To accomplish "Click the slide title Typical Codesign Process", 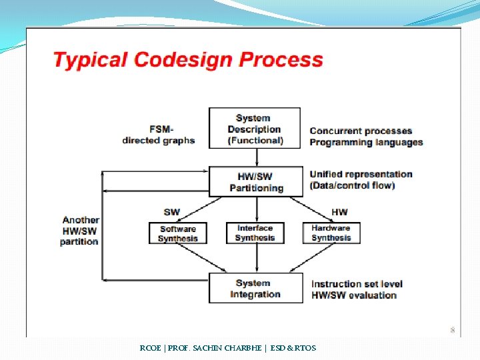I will (188, 60).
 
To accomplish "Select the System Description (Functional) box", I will (255, 129).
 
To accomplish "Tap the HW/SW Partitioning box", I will (256, 182).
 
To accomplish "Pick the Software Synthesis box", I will (178, 233).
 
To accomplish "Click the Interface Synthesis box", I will (255, 233).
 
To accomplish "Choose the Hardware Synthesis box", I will (331, 233).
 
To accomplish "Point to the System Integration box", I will (255, 289).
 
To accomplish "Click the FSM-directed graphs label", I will (159, 135).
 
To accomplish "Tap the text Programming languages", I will (366, 142).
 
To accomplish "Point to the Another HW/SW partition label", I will (80, 231).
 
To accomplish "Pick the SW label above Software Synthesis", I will (171, 212).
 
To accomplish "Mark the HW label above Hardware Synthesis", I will (339, 212).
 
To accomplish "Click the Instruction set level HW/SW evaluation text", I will (357, 289).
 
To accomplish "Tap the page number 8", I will (452, 330).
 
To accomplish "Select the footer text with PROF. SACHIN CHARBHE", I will (228, 348).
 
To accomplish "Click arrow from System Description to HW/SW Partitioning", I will (257, 157).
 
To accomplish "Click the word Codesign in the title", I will (185, 60).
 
